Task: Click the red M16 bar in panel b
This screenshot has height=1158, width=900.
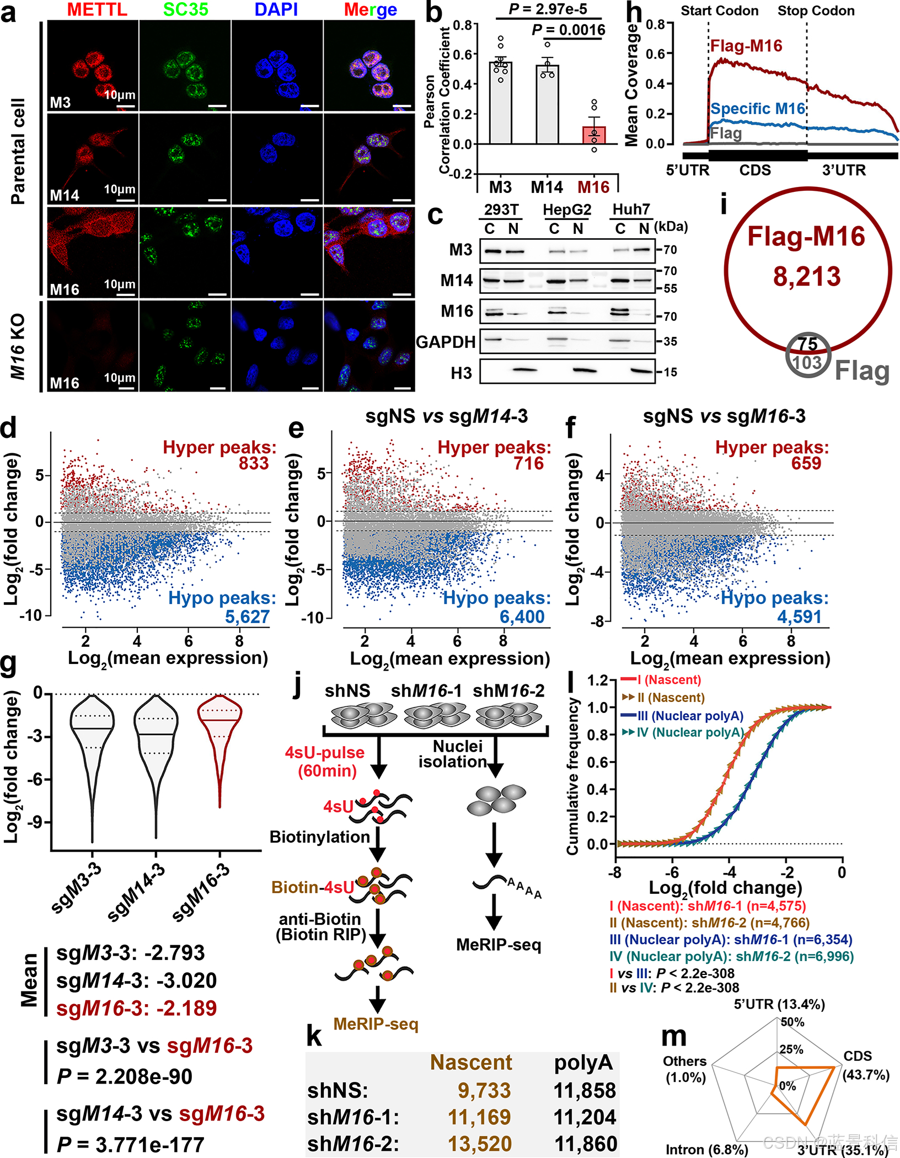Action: coord(594,135)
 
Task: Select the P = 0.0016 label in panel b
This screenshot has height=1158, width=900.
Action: coord(568,30)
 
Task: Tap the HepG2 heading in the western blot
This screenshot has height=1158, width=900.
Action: coord(566,210)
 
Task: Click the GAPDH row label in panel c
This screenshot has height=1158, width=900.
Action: coord(446,342)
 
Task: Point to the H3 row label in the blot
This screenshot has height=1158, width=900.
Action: coord(461,373)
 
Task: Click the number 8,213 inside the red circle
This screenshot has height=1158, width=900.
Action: coord(806,277)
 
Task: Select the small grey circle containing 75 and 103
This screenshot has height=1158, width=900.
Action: coord(808,355)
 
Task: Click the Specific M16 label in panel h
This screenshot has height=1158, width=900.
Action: coord(758,109)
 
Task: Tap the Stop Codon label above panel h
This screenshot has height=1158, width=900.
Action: coord(816,10)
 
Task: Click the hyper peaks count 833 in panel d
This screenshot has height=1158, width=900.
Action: coord(254,463)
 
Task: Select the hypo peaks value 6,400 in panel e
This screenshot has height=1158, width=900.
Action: coord(522,616)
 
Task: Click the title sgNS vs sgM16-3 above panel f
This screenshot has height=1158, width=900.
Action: coord(724,416)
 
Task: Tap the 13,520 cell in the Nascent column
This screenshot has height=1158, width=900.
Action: coord(479,1144)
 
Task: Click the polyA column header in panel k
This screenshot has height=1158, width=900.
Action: coord(583,1063)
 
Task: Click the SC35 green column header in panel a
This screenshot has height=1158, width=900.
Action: coord(185,9)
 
